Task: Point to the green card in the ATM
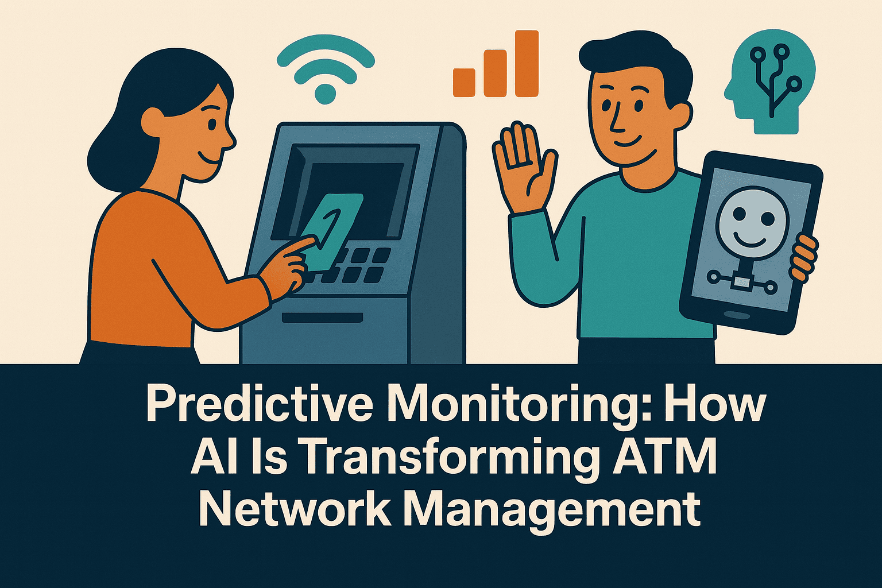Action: pos(332,230)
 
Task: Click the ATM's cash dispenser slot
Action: pos(322,318)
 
